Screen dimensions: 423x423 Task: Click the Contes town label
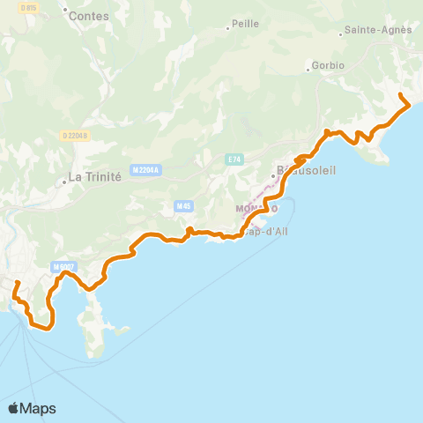point(88,16)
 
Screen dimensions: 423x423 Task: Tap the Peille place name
point(246,25)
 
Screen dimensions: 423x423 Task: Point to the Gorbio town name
point(326,66)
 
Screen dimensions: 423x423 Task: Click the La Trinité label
point(94,176)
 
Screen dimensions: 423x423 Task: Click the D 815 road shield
point(27,8)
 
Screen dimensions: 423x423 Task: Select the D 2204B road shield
point(75,135)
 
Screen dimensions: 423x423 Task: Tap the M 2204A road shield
point(145,170)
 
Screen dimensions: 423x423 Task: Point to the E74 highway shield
point(234,159)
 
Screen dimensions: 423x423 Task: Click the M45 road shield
point(183,206)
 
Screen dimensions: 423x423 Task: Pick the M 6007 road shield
point(63,267)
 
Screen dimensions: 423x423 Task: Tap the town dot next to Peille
point(227,28)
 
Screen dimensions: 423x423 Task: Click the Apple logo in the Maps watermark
point(14,408)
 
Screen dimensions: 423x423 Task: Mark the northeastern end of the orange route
point(401,94)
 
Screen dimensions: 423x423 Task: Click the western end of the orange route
point(18,283)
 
